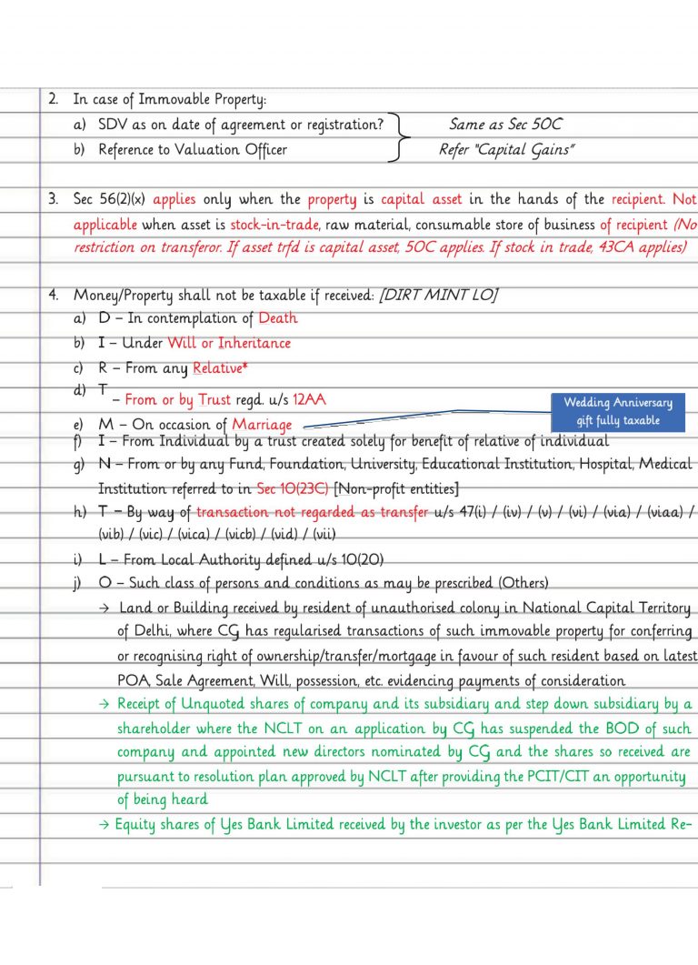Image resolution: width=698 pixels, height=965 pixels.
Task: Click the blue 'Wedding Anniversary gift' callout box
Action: click(618, 412)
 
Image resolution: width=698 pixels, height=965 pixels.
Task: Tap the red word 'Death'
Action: click(277, 318)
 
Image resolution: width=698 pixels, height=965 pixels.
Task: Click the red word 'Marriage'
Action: click(262, 425)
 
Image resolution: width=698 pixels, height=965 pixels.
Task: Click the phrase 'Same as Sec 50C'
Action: click(505, 125)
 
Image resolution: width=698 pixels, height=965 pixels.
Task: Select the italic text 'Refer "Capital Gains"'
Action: click(506, 150)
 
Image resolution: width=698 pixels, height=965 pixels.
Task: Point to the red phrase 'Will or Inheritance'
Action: click(229, 343)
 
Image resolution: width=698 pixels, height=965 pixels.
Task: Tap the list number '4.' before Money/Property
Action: click(54, 296)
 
